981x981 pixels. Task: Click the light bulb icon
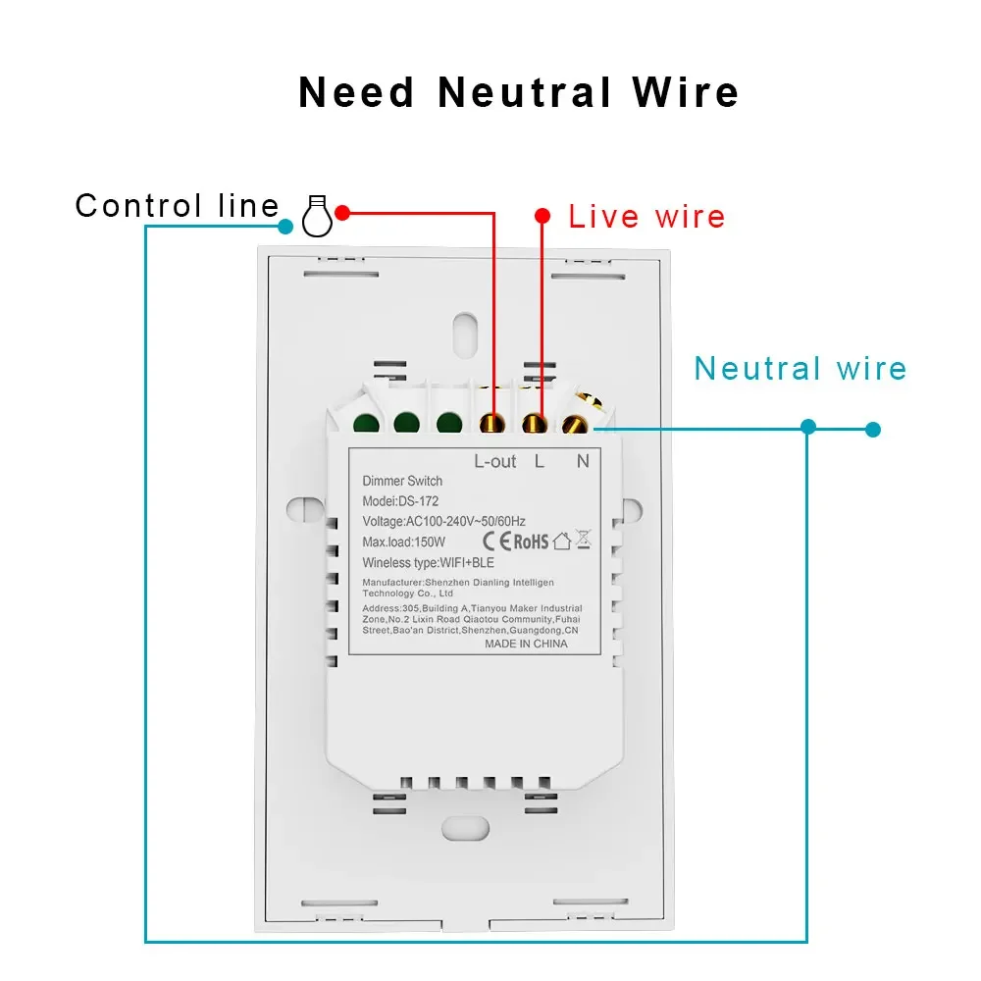(x=317, y=216)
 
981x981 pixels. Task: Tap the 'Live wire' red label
(x=646, y=217)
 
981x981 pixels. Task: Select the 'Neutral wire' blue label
(x=800, y=369)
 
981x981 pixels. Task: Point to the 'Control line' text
(x=177, y=205)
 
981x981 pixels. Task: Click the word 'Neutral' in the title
(x=524, y=92)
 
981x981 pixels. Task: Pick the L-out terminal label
(x=494, y=462)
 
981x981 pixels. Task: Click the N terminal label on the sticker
(x=583, y=462)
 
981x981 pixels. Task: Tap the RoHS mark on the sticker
(x=531, y=542)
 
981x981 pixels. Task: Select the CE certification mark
(x=496, y=542)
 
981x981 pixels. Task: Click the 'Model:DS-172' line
(x=400, y=501)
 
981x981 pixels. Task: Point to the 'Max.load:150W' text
(x=403, y=542)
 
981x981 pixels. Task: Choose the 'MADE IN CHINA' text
(x=526, y=644)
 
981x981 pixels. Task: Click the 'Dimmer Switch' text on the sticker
(x=402, y=481)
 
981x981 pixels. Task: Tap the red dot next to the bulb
(x=342, y=213)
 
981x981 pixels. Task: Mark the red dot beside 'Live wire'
(x=542, y=216)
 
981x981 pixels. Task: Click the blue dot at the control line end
(x=285, y=227)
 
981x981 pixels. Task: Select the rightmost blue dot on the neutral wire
(x=873, y=430)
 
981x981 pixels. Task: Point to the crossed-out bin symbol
(x=583, y=540)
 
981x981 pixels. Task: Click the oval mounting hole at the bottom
(x=465, y=829)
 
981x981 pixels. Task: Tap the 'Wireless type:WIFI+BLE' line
(x=428, y=563)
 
